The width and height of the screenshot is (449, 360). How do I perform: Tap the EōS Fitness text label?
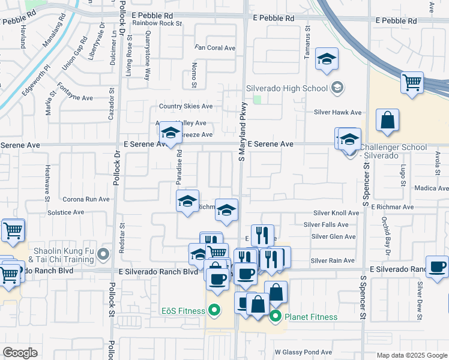182,311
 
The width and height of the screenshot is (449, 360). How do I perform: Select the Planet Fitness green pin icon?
276,316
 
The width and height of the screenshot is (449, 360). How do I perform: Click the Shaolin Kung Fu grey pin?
104,255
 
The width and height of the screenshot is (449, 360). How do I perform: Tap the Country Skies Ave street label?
185,106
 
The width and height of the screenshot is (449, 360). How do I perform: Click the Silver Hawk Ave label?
338,112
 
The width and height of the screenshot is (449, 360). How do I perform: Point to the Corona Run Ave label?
86,199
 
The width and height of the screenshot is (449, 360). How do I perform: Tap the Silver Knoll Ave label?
336,213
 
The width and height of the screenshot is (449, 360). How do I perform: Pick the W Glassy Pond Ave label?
303,352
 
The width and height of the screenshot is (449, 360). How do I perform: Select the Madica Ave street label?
432,188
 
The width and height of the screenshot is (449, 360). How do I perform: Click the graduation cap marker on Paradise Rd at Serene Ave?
170,133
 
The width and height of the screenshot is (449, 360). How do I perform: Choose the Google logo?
20,353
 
